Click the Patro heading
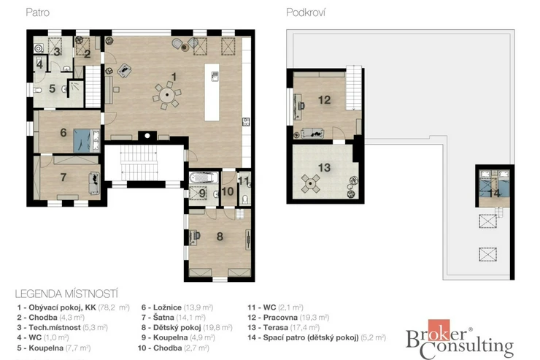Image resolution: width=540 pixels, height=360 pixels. click(x=37, y=12)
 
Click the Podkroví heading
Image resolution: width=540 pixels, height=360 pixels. click(x=306, y=12)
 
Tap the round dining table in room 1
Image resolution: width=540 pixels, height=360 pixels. click(x=166, y=95)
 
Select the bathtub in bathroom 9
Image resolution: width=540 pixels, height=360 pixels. click(x=204, y=177)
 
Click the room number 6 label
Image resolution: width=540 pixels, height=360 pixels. click(x=63, y=132)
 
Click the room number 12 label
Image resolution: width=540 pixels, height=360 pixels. click(x=324, y=100)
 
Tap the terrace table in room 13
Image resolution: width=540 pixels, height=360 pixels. click(x=311, y=183)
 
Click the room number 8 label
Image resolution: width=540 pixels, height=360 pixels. click(x=220, y=237)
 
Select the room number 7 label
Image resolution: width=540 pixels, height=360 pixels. click(x=63, y=177)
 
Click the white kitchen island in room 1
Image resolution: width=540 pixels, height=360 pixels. click(x=212, y=92)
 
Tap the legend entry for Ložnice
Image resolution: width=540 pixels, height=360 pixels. click(x=177, y=307)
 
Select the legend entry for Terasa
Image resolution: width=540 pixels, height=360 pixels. click(x=283, y=327)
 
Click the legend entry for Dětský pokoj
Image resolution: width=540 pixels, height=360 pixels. click(x=187, y=328)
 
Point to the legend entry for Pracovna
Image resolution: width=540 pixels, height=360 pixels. click(x=288, y=318)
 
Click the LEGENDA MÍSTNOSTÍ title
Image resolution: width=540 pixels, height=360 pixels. click(x=66, y=294)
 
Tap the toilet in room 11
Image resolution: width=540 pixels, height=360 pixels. click(x=245, y=200)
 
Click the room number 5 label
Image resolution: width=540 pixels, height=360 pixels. click(x=52, y=88)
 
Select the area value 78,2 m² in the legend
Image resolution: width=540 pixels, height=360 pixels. click(x=114, y=307)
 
